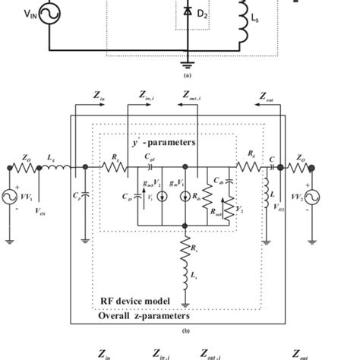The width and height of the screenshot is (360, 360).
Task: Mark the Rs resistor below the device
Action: [x=185, y=246]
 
